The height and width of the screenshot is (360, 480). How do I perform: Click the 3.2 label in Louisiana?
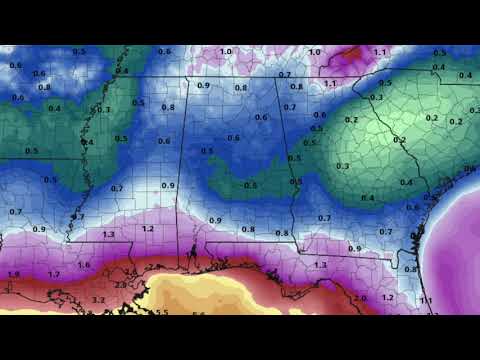tap(98, 299)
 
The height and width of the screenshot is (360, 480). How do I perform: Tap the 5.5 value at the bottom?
tap(162, 312)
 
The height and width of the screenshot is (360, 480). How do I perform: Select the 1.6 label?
tap(83, 264)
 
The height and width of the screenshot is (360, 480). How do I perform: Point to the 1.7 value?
tap(53, 273)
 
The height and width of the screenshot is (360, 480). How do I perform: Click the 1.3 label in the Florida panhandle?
tap(320, 264)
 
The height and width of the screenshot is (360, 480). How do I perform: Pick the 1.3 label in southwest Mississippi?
tap(108, 233)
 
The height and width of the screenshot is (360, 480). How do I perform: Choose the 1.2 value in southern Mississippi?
tap(147, 228)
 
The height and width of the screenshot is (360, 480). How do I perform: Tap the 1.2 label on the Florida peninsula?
tap(388, 298)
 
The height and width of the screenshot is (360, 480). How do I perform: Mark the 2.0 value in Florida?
tap(360, 298)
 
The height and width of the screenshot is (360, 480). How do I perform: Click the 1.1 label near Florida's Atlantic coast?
tap(426, 300)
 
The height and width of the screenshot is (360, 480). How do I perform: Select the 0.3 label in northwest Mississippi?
tap(104, 109)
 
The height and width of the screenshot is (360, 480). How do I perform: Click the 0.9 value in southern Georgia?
tap(354, 247)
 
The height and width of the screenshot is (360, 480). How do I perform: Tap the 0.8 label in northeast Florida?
tap(410, 269)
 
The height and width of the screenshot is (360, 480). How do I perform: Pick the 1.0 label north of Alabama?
tap(226, 51)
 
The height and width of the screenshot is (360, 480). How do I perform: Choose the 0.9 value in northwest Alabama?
tap(204, 85)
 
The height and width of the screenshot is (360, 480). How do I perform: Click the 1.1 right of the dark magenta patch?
tap(379, 51)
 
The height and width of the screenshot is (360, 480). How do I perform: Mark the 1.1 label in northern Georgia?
tap(330, 84)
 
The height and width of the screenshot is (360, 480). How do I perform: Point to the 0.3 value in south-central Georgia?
tap(343, 165)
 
